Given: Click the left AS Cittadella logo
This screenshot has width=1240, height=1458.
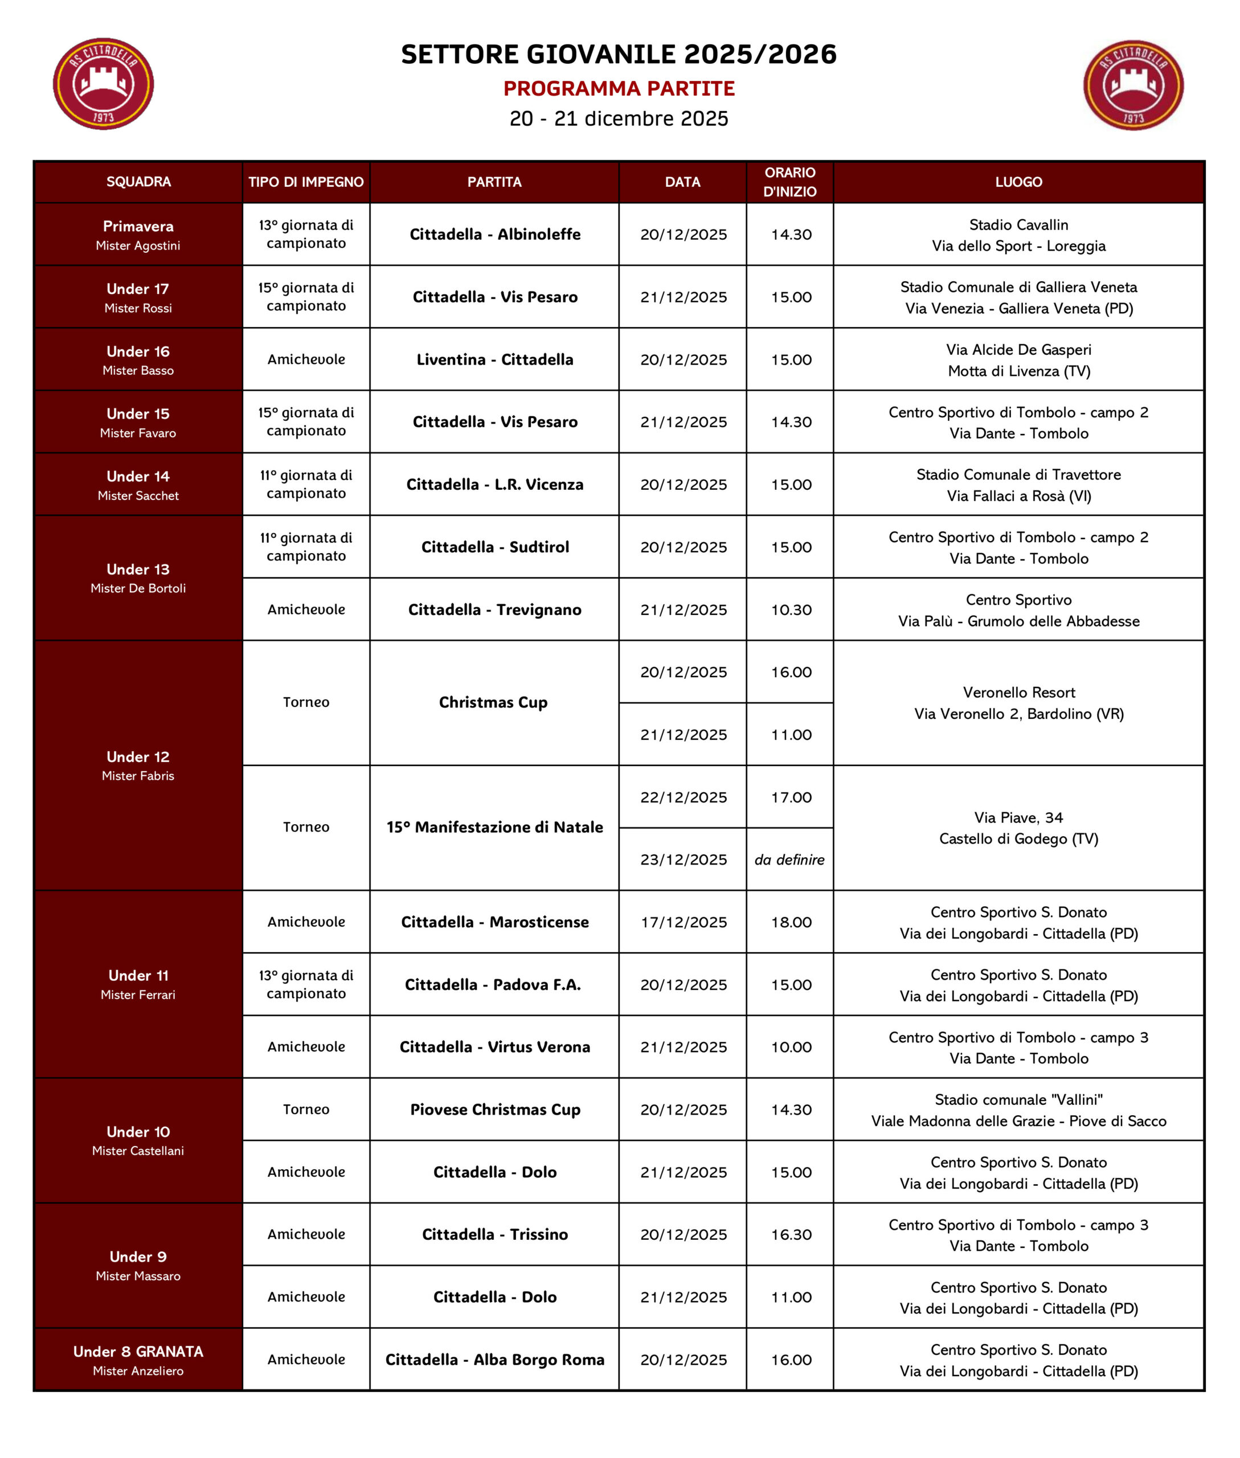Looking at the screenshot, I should (x=103, y=84).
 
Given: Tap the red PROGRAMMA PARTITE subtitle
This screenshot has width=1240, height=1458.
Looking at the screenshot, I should (x=619, y=89).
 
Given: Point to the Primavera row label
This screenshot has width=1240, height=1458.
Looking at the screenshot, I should (x=138, y=234).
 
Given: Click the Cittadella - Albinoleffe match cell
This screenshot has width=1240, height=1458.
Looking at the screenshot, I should (x=495, y=234).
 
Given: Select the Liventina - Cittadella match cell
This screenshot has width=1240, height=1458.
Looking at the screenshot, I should (x=495, y=359).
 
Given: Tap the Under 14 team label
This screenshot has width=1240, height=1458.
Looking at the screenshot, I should (x=138, y=484).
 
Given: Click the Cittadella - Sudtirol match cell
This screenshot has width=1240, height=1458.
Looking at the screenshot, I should (x=495, y=547).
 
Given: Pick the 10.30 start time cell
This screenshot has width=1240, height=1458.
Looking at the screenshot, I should (x=791, y=609).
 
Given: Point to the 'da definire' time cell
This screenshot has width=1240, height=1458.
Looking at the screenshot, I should (x=789, y=859).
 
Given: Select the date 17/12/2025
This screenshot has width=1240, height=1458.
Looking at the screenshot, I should (x=684, y=922).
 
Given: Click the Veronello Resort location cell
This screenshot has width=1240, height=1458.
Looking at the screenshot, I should (x=1018, y=702).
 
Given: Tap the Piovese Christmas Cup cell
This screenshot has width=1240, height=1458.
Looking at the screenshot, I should (x=495, y=1109).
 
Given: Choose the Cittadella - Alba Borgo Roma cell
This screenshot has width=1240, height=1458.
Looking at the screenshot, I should (x=495, y=1359).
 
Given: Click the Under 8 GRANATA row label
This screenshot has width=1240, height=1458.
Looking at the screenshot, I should (x=138, y=1359).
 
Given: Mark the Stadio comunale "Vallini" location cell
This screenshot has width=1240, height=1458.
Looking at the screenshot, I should (x=1018, y=1109).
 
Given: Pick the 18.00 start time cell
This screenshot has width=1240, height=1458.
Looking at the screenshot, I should (x=791, y=922).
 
